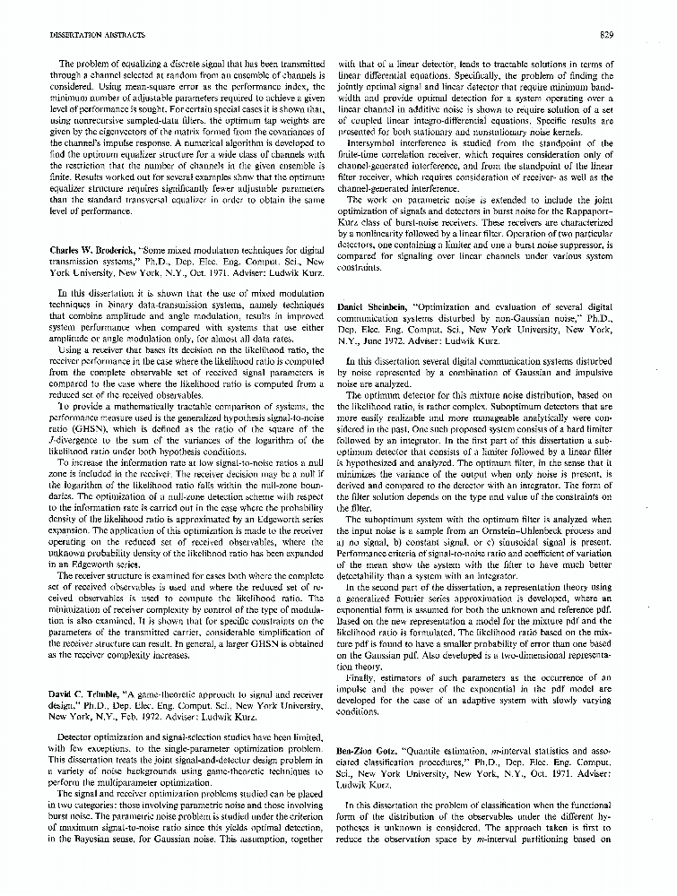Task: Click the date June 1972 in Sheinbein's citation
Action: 388,340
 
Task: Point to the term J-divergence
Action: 70,426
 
